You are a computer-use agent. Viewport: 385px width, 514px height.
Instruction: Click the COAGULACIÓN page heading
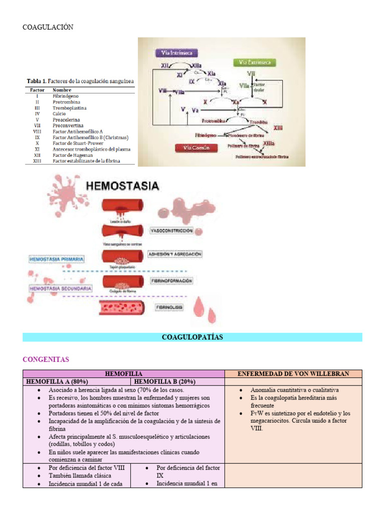click(48, 27)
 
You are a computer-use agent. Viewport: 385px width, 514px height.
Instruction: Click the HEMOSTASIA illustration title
click(123, 186)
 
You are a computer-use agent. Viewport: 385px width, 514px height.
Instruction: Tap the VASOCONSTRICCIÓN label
click(171, 230)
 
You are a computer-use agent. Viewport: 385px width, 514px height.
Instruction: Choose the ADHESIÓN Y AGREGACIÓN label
click(175, 254)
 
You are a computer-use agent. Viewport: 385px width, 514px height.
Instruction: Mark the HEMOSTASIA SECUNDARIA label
click(60, 289)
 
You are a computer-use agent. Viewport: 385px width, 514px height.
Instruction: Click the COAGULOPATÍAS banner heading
click(192, 337)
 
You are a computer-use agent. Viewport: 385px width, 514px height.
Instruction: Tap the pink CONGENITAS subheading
click(46, 359)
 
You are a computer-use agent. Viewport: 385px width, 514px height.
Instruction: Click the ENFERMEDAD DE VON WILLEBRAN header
click(293, 374)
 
